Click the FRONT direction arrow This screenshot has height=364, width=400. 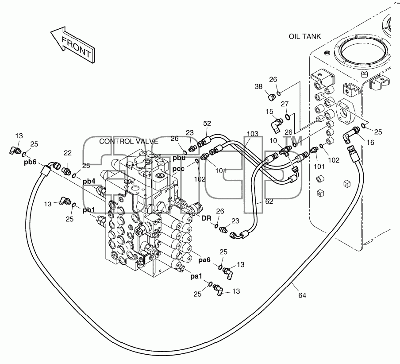click(73, 45)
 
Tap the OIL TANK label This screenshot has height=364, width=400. click(304, 36)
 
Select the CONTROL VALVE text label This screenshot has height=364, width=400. click(129, 141)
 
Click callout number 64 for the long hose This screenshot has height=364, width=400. click(302, 295)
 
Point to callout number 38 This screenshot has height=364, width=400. click(258, 86)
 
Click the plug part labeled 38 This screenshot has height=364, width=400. click(271, 97)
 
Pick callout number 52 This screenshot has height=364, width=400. click(207, 124)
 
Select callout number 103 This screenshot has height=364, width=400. click(253, 133)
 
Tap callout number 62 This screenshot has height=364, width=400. click(269, 201)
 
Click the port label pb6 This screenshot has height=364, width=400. click(31, 162)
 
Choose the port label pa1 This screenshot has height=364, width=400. click(196, 276)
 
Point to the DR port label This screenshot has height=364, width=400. click(206, 218)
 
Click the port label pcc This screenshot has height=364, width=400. click(178, 169)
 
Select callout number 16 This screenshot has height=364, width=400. click(370, 143)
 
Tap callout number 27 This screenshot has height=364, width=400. click(285, 104)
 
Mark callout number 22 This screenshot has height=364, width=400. click(68, 153)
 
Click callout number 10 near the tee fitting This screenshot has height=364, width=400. click(273, 141)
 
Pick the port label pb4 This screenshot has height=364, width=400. click(89, 182)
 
